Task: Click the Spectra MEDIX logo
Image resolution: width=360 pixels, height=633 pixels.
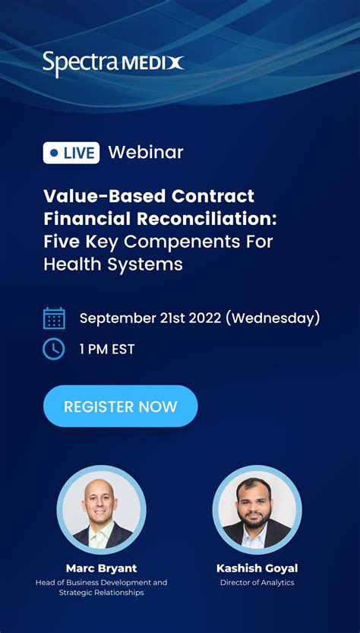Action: tap(112, 63)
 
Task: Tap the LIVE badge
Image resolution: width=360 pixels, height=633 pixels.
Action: tap(71, 153)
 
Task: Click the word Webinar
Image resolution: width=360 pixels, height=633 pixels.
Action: tap(146, 152)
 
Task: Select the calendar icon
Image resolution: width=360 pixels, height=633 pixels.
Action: tap(54, 318)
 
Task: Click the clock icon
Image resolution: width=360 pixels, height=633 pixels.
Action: tap(54, 349)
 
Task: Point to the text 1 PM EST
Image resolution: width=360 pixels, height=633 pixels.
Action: tap(107, 350)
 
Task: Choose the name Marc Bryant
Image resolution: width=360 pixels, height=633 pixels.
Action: tap(101, 568)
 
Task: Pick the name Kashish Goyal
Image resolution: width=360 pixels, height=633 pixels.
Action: tap(257, 568)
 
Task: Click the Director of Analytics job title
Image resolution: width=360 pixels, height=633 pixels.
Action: tap(257, 583)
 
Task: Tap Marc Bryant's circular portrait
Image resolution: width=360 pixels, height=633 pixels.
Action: tap(102, 509)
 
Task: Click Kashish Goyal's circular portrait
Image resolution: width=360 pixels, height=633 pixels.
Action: tap(257, 509)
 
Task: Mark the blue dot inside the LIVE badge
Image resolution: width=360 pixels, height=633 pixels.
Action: tap(54, 153)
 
